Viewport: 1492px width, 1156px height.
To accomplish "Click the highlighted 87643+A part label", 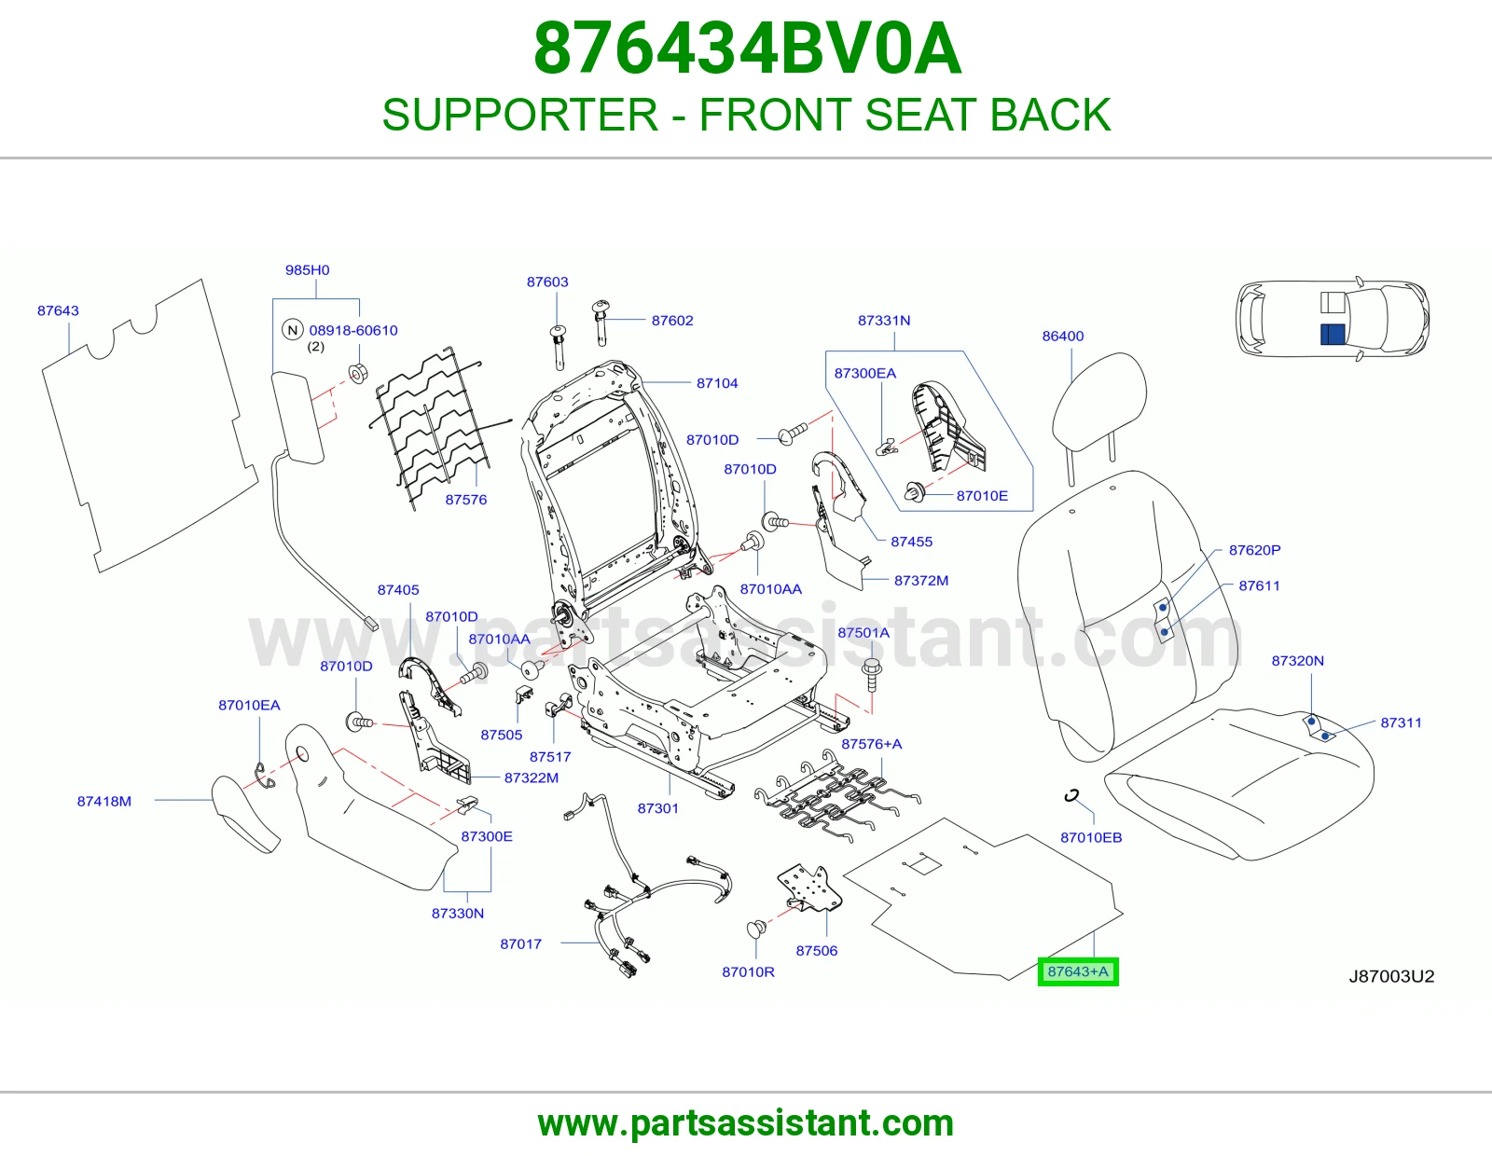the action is click(1077, 971).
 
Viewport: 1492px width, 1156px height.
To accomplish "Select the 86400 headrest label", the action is click(1063, 337).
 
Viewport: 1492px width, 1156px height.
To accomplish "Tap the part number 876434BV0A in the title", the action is click(747, 48).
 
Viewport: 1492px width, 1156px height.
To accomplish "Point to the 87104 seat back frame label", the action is click(717, 383).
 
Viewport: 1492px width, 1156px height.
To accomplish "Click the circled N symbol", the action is click(293, 330).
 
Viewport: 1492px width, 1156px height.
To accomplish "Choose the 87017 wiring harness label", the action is click(520, 943).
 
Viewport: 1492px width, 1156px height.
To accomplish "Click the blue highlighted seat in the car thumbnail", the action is click(1333, 335).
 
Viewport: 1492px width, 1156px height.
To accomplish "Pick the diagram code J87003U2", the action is click(1391, 976).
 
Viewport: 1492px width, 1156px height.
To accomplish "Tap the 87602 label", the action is click(672, 321).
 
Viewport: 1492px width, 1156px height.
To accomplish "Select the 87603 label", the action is click(547, 282).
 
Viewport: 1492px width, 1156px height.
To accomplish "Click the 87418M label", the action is click(104, 801).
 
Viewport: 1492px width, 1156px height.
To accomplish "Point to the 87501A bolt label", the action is click(863, 632).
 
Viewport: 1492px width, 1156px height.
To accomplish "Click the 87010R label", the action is click(748, 971).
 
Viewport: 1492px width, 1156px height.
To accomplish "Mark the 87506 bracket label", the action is click(816, 951).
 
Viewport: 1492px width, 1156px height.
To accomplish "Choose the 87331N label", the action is click(884, 321).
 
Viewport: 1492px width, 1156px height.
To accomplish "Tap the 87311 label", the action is click(1401, 722).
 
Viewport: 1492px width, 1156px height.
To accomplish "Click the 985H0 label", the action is click(307, 269).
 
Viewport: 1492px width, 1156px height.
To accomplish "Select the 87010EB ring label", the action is click(1091, 837).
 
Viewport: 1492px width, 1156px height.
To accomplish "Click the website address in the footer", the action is click(746, 1123).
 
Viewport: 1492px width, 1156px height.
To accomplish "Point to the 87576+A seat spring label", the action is click(871, 744).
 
